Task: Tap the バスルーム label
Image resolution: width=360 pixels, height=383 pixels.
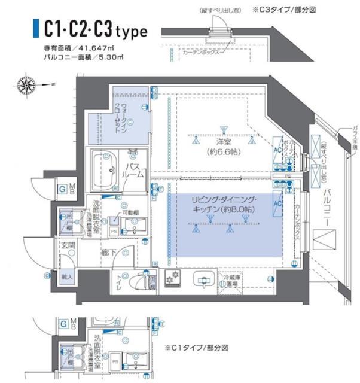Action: tap(135, 169)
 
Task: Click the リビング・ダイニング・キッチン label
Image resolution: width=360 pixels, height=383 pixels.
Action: tap(224, 205)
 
